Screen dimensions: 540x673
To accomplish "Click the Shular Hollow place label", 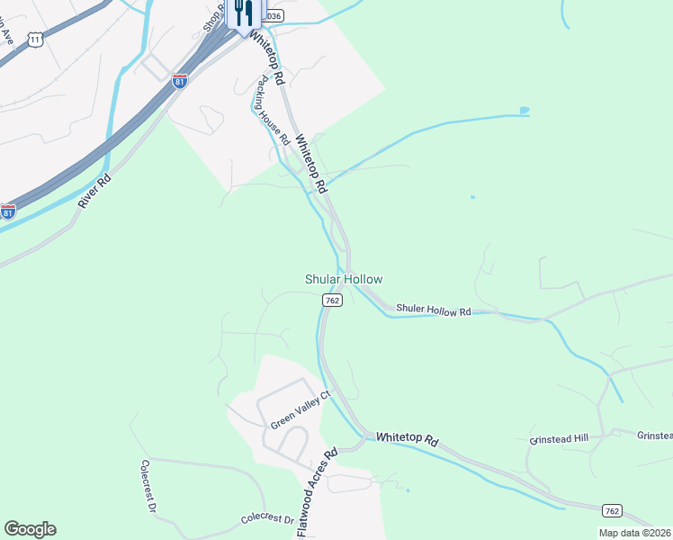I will tap(343, 280).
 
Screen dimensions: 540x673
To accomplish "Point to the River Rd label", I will tap(94, 191).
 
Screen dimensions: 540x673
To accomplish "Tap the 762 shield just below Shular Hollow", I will tap(330, 301).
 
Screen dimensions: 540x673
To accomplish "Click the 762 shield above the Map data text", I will tap(611, 510).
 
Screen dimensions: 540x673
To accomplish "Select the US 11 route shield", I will tap(35, 40).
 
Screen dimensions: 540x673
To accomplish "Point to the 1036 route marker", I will tap(272, 15).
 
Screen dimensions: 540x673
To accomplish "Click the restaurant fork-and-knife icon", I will tap(241, 13).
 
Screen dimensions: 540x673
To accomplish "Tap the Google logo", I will tap(30, 529).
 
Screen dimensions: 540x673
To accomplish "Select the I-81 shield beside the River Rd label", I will tap(8, 212).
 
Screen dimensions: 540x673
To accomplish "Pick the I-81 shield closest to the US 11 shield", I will tap(180, 80).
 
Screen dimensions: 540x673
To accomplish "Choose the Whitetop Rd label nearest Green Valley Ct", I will tap(407, 438).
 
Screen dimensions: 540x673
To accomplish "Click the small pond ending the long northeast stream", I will tap(524, 112).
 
